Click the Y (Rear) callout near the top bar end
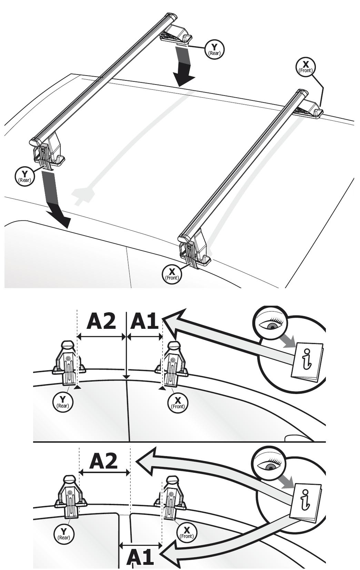pyautogui.click(x=214, y=50)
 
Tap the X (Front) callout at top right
pyautogui.click(x=306, y=67)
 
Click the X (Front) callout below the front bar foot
pyautogui.click(x=172, y=274)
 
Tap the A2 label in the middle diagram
pyautogui.click(x=101, y=322)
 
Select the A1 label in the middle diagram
pyautogui.click(x=144, y=322)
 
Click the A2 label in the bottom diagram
pyautogui.click(x=103, y=461)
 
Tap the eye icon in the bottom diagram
pyautogui.click(x=271, y=463)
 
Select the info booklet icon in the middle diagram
pyautogui.click(x=307, y=360)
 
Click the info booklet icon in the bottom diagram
pyautogui.click(x=306, y=501)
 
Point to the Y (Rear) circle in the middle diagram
pyautogui.click(x=63, y=402)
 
